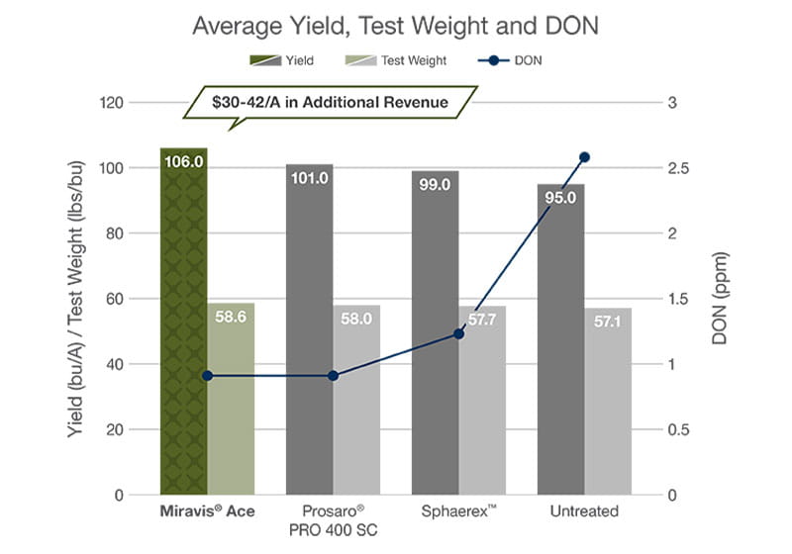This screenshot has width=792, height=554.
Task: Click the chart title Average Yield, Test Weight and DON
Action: [x=395, y=25]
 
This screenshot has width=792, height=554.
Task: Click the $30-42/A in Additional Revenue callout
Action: [x=331, y=102]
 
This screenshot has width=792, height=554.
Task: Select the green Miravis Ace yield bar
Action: [x=183, y=326]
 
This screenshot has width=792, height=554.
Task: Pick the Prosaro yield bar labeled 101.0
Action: [x=309, y=326]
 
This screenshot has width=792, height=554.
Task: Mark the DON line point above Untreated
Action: [x=584, y=157]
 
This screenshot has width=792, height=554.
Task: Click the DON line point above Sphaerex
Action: [x=458, y=333]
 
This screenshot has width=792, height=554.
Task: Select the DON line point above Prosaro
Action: [x=333, y=376]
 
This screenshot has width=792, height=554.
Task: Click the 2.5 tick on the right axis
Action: [x=676, y=168]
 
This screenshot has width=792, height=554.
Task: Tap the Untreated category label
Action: [x=584, y=511]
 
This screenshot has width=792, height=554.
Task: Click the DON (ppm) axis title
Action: [x=721, y=297]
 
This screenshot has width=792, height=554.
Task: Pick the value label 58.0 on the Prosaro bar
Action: [x=356, y=320]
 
